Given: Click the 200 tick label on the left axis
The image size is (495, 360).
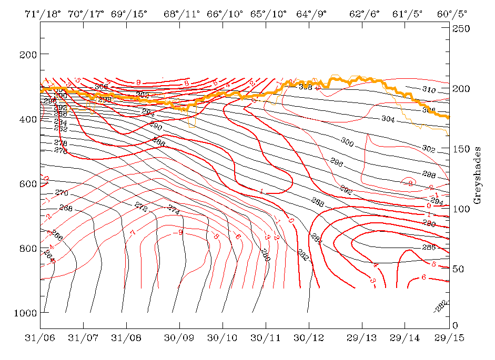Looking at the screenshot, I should click(26, 55).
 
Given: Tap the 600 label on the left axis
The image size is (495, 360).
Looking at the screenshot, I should click(26, 184).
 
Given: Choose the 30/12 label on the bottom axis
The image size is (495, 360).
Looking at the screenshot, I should click(308, 340).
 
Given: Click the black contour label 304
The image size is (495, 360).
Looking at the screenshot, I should click(388, 119).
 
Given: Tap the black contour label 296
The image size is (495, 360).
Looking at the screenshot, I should click(336, 163).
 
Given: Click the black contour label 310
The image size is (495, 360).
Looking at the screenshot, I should click(429, 90).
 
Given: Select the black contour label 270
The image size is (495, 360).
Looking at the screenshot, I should click(62, 193).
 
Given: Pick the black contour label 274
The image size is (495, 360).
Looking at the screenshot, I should click(174, 209).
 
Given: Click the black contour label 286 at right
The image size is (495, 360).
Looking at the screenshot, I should click(429, 247).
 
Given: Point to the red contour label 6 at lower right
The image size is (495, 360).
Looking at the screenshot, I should click(424, 277).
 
